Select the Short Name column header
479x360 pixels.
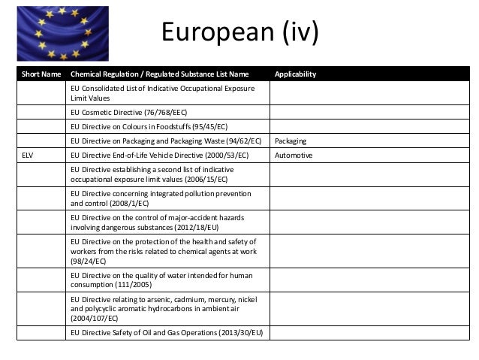click(39, 74)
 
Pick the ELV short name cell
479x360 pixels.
click(28, 156)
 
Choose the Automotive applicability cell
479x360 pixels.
click(294, 156)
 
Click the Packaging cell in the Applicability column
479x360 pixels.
click(293, 141)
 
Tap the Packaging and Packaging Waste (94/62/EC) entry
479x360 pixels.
click(166, 141)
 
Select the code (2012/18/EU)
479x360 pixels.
click(194, 226)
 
